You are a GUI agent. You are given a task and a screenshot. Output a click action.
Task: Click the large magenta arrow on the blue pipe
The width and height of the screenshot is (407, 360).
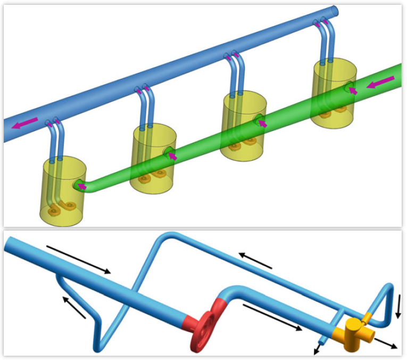tap(26, 123)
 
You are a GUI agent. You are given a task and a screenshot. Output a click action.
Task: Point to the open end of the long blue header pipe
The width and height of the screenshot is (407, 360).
tap(334, 11)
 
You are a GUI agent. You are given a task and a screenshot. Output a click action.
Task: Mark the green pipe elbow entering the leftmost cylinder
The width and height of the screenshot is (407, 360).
tap(85, 186)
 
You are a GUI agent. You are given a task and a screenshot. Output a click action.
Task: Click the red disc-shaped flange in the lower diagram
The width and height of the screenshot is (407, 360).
tap(202, 333)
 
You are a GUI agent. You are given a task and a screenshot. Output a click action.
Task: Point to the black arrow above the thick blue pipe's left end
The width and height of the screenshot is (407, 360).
tap(79, 259)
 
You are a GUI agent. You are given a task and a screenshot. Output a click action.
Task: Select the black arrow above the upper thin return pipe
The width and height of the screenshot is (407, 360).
tap(255, 260)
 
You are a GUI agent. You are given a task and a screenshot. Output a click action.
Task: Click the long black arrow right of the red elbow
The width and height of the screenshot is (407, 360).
tap(272, 317)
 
